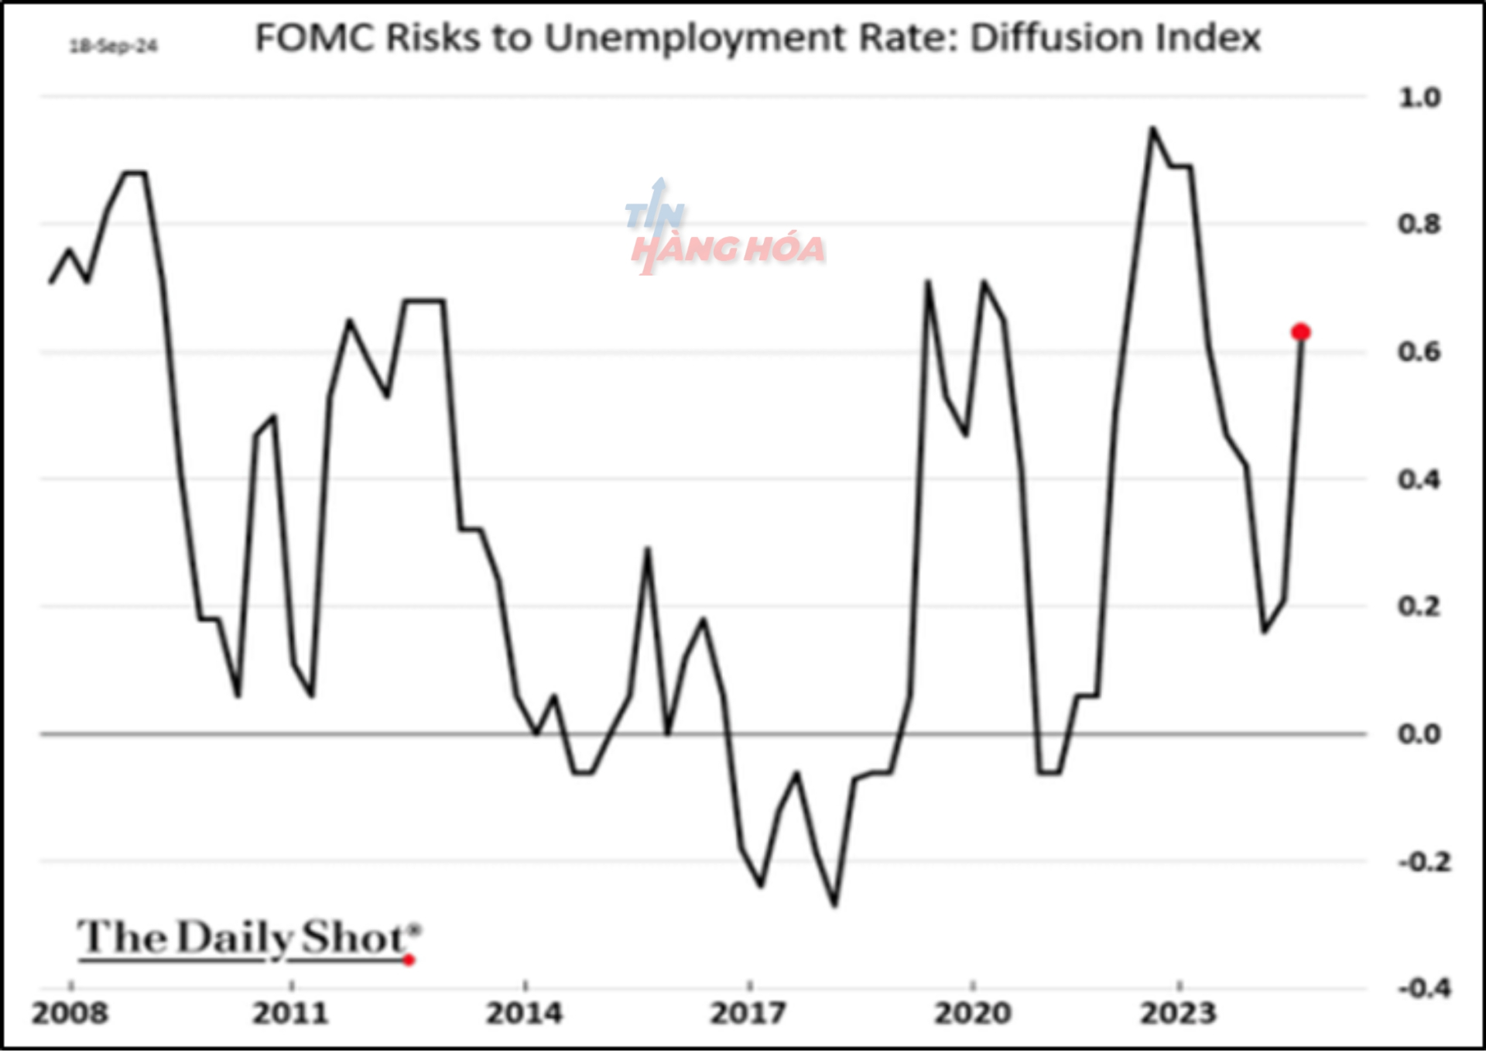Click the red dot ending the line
click(x=1300, y=332)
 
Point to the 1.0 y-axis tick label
click(x=1419, y=98)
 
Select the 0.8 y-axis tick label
click(x=1419, y=225)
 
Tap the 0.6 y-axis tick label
click(x=1419, y=352)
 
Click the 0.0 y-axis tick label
click(x=1419, y=734)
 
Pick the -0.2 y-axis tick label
click(x=1423, y=861)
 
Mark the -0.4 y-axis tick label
click(x=1423, y=988)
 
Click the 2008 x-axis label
click(x=70, y=1013)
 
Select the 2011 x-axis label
click(x=291, y=1013)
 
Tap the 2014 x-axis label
click(x=524, y=1013)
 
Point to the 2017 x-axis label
click(x=748, y=1013)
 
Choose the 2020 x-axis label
click(x=972, y=1013)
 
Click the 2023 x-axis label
click(x=1178, y=1013)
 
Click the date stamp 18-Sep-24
click(x=114, y=46)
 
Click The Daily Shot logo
click(x=248, y=939)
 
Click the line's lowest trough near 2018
click(x=834, y=905)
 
